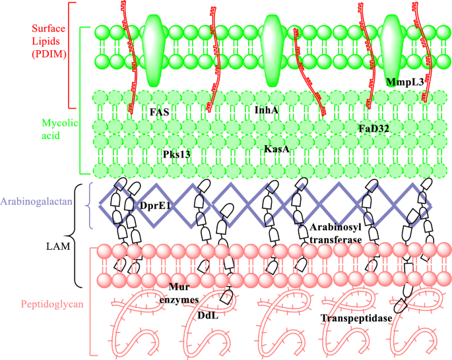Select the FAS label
click(159, 112)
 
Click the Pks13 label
click(177, 154)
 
